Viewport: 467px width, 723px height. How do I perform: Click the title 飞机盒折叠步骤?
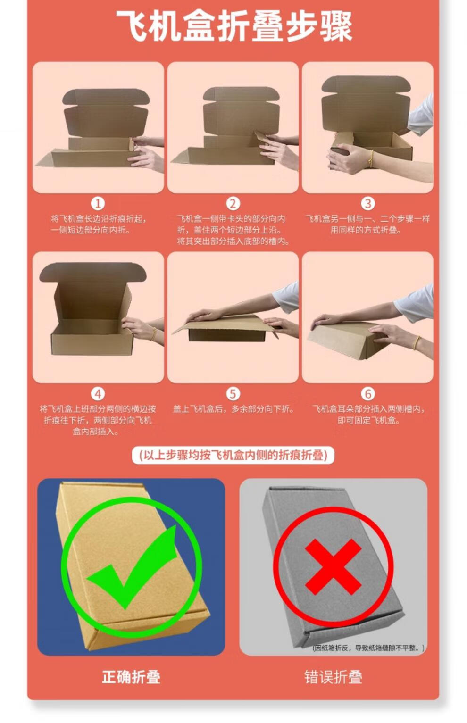click(x=234, y=26)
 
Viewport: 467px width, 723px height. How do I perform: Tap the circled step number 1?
click(x=98, y=204)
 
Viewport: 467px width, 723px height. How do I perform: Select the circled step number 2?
click(x=233, y=204)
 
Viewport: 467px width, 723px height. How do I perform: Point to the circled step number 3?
click(x=367, y=204)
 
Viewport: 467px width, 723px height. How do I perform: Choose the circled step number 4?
click(x=98, y=394)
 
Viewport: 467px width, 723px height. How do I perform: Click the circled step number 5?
click(x=233, y=394)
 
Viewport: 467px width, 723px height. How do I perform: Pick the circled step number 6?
click(x=367, y=394)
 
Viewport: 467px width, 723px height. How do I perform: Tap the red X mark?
click(x=333, y=567)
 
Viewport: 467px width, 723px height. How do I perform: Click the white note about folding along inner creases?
click(x=233, y=455)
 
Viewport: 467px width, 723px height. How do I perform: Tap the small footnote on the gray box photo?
click(x=368, y=648)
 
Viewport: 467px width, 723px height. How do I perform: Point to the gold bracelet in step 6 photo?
click(x=417, y=342)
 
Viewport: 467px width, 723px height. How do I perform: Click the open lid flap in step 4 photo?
click(x=93, y=272)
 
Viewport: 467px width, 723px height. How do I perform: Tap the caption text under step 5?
click(x=233, y=409)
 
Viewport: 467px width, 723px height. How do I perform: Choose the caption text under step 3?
click(x=367, y=224)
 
